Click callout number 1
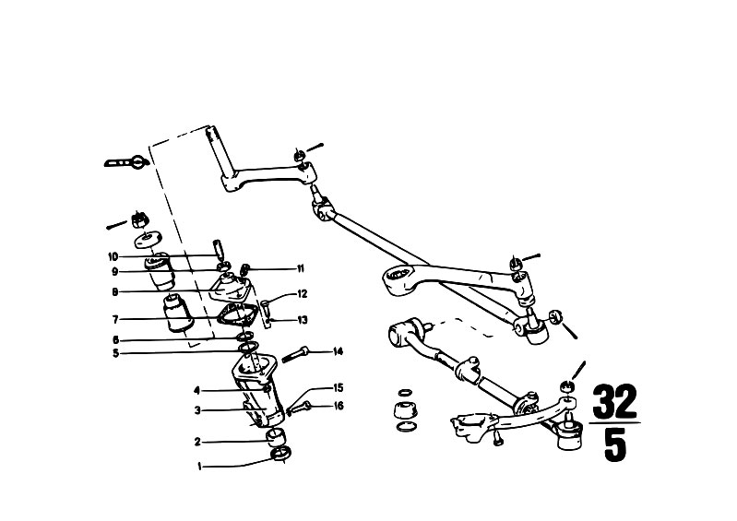[199, 467]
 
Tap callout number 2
[198, 442]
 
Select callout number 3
[198, 410]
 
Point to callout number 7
[115, 320]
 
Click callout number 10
[113, 257]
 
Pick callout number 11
[301, 268]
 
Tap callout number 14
[338, 351]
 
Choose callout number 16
[339, 406]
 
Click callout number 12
[303, 294]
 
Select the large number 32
[614, 402]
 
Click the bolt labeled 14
[294, 354]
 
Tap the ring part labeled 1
[281, 455]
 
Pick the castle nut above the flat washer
[139, 219]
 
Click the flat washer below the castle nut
[148, 240]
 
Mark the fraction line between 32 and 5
[615, 423]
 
